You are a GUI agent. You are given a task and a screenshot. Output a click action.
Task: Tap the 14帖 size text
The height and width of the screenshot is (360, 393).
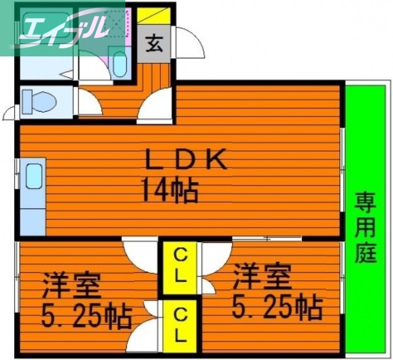coord(170,190)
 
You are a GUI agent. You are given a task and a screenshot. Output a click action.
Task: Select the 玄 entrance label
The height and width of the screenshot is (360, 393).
coord(155,44)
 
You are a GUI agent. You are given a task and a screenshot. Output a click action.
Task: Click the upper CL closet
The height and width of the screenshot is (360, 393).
coord(179,266)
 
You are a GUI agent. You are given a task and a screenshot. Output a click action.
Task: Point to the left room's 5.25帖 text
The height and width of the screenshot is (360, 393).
coord(87,315)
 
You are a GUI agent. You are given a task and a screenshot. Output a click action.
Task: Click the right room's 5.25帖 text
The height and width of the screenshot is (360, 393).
coord(277,306)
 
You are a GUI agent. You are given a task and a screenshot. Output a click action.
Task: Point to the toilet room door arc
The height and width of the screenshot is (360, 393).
coord(12,112)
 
